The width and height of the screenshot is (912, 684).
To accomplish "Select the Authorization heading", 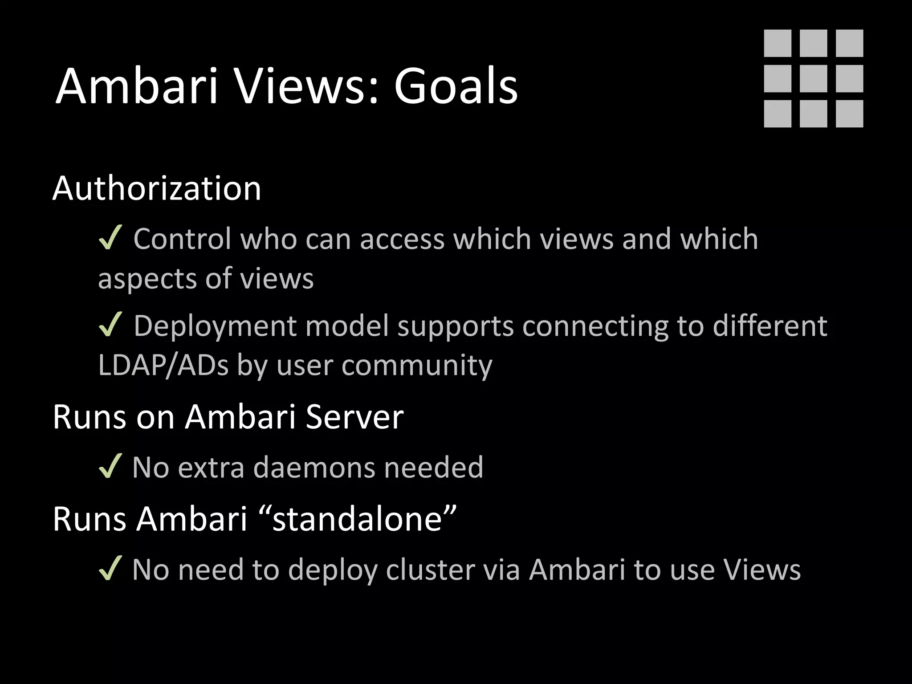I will [157, 188].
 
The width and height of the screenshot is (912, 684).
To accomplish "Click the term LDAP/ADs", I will [163, 365].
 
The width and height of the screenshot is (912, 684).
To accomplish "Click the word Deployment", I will [215, 326].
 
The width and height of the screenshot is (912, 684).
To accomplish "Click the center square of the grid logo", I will [813, 78].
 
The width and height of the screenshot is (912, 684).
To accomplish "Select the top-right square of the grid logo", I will [849, 43].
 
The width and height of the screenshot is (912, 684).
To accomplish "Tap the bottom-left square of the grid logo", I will [778, 114].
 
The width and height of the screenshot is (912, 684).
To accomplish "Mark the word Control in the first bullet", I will [183, 239].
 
